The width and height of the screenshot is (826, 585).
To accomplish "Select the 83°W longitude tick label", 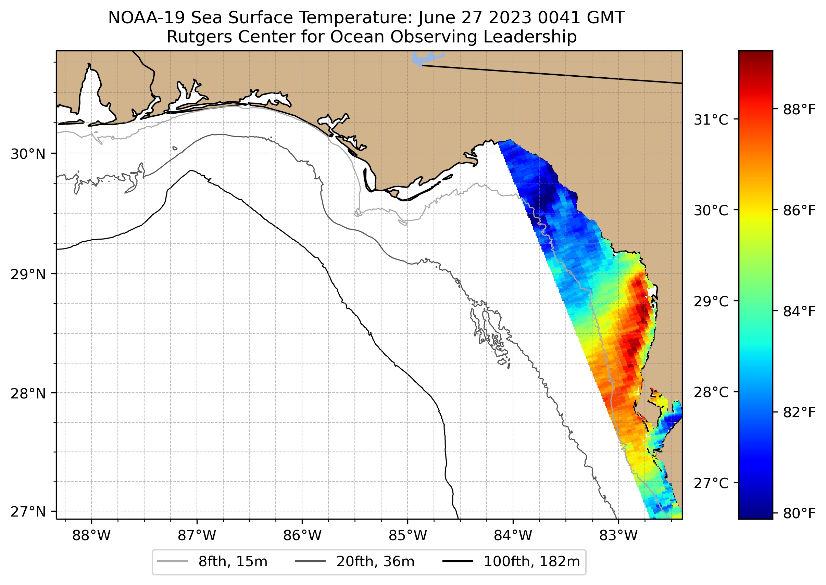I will [x=618, y=536].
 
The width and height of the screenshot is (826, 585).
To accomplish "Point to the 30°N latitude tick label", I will [x=28, y=154].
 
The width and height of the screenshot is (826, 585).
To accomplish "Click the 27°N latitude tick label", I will [x=28, y=511].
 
